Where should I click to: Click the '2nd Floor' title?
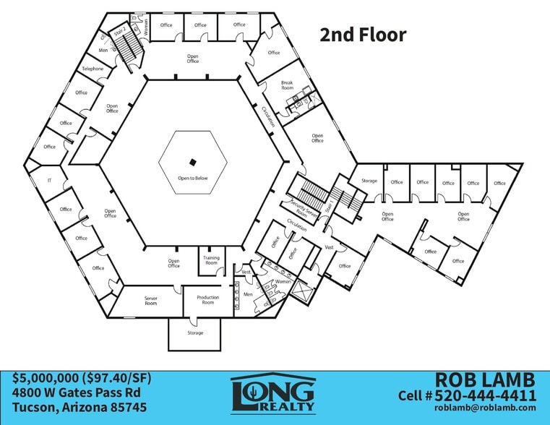363,35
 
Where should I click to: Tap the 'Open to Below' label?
192,178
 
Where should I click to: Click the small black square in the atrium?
192,163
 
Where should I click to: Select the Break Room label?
287,85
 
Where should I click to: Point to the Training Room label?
211,260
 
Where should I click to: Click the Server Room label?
151,301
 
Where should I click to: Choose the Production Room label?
207,300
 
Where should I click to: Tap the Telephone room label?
93,69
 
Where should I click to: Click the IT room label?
49,181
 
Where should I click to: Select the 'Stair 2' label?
120,32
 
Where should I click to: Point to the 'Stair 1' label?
330,206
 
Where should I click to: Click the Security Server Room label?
303,210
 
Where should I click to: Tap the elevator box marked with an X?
301,291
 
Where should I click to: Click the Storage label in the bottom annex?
195,332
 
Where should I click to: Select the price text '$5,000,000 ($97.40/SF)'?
82,378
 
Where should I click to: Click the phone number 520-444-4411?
486,395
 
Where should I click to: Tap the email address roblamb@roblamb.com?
485,408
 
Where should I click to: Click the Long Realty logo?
273,394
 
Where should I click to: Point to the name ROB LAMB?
486,379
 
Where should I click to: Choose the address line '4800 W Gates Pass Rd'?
77,392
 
